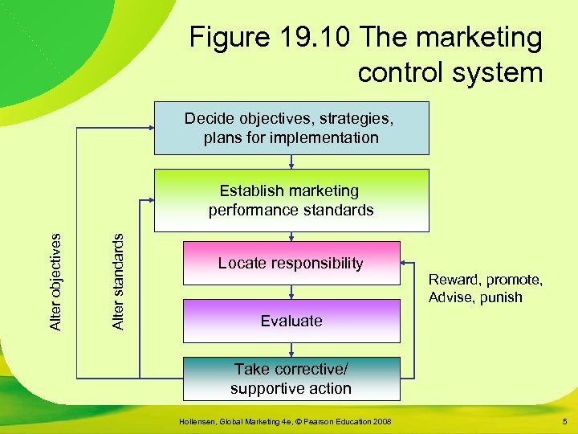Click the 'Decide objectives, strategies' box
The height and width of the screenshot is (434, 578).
[291, 128]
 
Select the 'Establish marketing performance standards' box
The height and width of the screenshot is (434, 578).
[291, 200]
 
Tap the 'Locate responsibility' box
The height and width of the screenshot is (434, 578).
[291, 263]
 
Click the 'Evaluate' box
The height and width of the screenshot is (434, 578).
[291, 321]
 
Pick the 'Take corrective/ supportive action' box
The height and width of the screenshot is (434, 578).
[291, 379]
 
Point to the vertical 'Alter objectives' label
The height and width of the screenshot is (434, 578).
[55, 281]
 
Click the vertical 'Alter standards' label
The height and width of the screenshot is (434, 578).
[117, 281]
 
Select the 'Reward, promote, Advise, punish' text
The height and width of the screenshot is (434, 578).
[485, 289]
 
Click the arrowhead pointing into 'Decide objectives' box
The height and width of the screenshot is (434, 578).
[151, 128]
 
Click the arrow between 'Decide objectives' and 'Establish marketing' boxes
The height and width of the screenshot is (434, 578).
[291, 162]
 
